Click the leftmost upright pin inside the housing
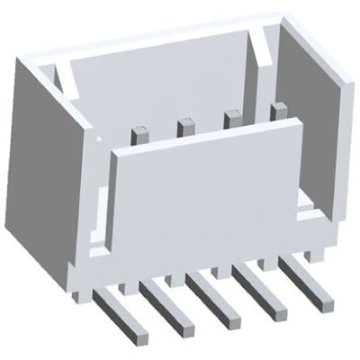139,138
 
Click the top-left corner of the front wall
114,154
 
